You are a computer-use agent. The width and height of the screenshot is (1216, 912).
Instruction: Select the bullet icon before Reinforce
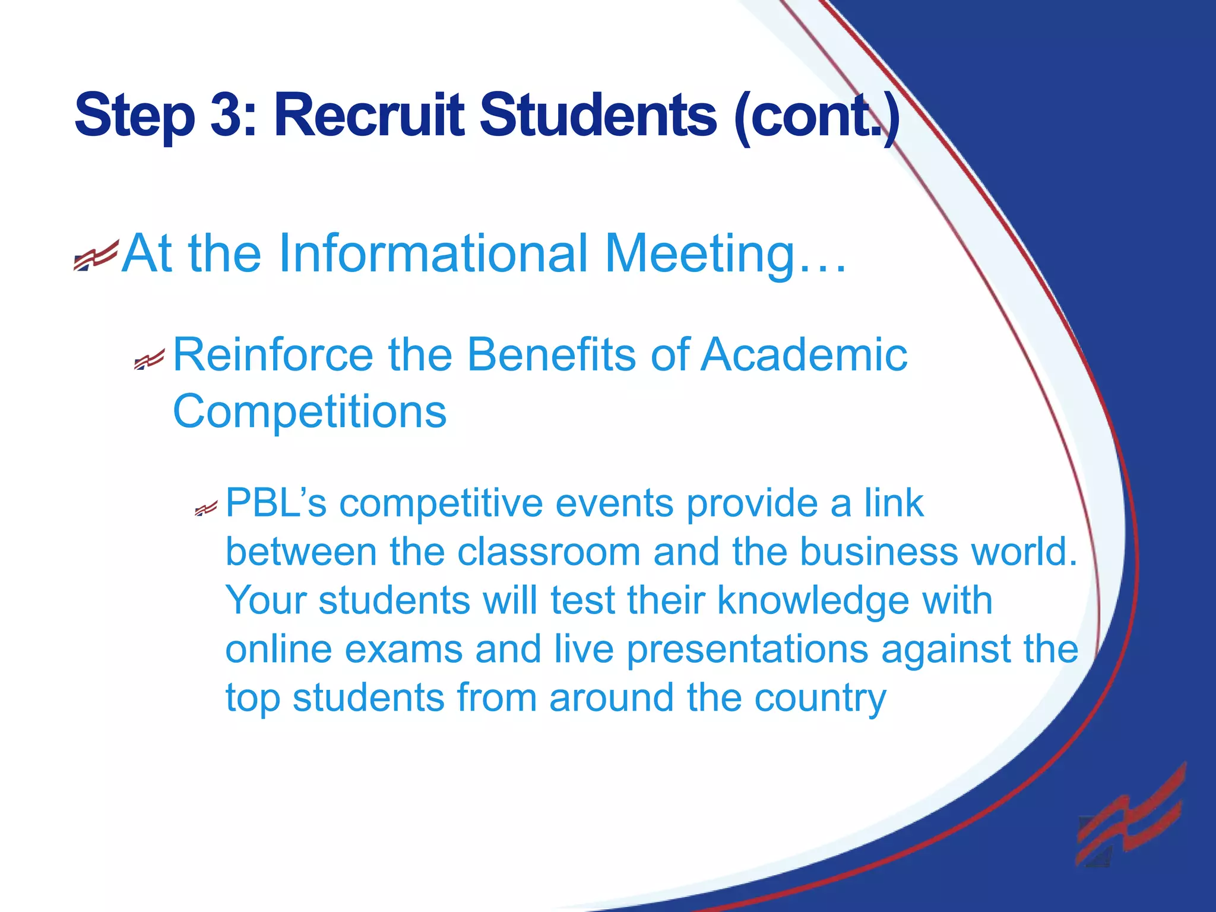(x=149, y=359)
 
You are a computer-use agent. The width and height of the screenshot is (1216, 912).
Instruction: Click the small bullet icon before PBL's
(x=207, y=508)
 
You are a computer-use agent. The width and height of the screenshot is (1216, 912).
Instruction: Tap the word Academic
(x=804, y=355)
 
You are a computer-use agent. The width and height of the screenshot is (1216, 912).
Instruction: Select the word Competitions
(x=309, y=412)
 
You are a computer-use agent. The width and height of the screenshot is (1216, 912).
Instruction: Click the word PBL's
(x=276, y=504)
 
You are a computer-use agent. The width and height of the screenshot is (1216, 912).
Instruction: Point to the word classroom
(x=549, y=552)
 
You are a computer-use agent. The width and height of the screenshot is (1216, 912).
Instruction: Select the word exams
(x=404, y=650)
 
